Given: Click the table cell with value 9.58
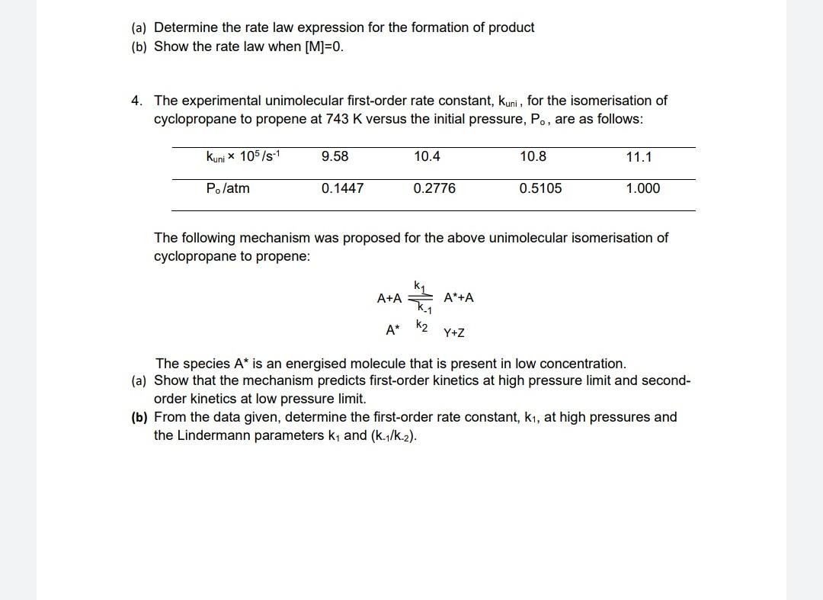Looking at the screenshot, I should click(335, 156).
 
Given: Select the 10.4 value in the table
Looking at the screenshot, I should click(427, 156).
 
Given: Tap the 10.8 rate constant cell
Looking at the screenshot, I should click(533, 156).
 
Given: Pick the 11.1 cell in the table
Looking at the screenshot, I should click(639, 157).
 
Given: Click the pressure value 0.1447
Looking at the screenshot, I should click(342, 188).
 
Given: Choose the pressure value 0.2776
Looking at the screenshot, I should click(434, 188).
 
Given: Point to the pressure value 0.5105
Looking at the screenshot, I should click(540, 188).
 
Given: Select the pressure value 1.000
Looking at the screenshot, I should click(642, 188).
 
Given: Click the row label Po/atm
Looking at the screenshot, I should click(228, 188).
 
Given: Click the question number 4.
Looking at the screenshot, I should click(136, 101).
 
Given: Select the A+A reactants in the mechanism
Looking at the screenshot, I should click(389, 298).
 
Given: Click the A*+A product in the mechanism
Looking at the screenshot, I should click(459, 297).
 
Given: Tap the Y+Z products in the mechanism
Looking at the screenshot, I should click(454, 333).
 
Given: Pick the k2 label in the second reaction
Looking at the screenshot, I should click(422, 326).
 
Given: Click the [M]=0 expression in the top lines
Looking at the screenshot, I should click(324, 47).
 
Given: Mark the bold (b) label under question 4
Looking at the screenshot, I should click(139, 417).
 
